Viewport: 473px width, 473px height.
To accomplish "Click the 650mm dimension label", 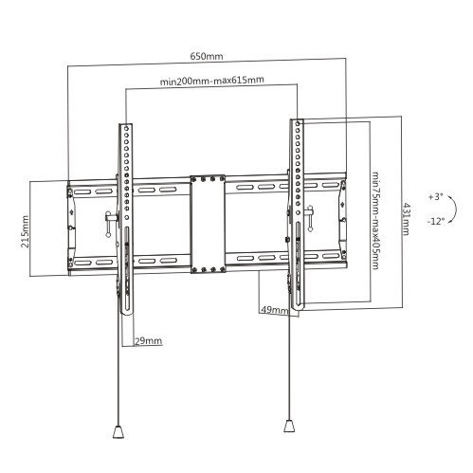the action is coord(207,56).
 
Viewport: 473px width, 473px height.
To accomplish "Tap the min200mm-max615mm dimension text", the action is coord(211,81).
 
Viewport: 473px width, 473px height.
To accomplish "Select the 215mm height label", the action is coord(25,231).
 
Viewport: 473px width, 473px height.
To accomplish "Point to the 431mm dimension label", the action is coord(406,219).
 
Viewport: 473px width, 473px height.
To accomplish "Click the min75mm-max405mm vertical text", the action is coord(375,221).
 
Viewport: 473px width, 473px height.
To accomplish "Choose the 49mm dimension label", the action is coord(274,310).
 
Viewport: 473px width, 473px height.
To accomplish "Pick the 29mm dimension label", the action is coord(149,341).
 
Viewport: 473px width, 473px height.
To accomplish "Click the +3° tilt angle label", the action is coord(436,197).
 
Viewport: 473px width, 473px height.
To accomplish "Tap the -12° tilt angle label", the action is coord(436,221).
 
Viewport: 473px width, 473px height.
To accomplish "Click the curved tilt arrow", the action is coord(456,209).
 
